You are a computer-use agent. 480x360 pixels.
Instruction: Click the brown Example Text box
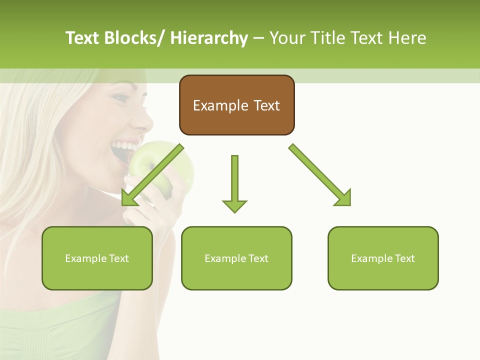point(236,105)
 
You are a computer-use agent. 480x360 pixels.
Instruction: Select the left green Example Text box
point(97,258)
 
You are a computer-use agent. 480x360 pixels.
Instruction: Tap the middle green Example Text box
point(236,258)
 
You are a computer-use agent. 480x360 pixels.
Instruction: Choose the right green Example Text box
point(383,258)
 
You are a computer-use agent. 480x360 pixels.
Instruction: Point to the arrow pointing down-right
point(320,175)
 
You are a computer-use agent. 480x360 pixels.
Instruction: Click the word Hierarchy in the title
point(209,38)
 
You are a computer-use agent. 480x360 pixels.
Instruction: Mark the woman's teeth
point(124,146)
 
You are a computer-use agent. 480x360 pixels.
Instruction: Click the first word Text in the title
point(83,38)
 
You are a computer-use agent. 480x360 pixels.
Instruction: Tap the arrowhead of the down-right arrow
point(343,197)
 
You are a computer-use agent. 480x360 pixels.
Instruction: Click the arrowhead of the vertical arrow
point(234,206)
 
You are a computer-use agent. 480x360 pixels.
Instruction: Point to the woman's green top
point(55,325)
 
